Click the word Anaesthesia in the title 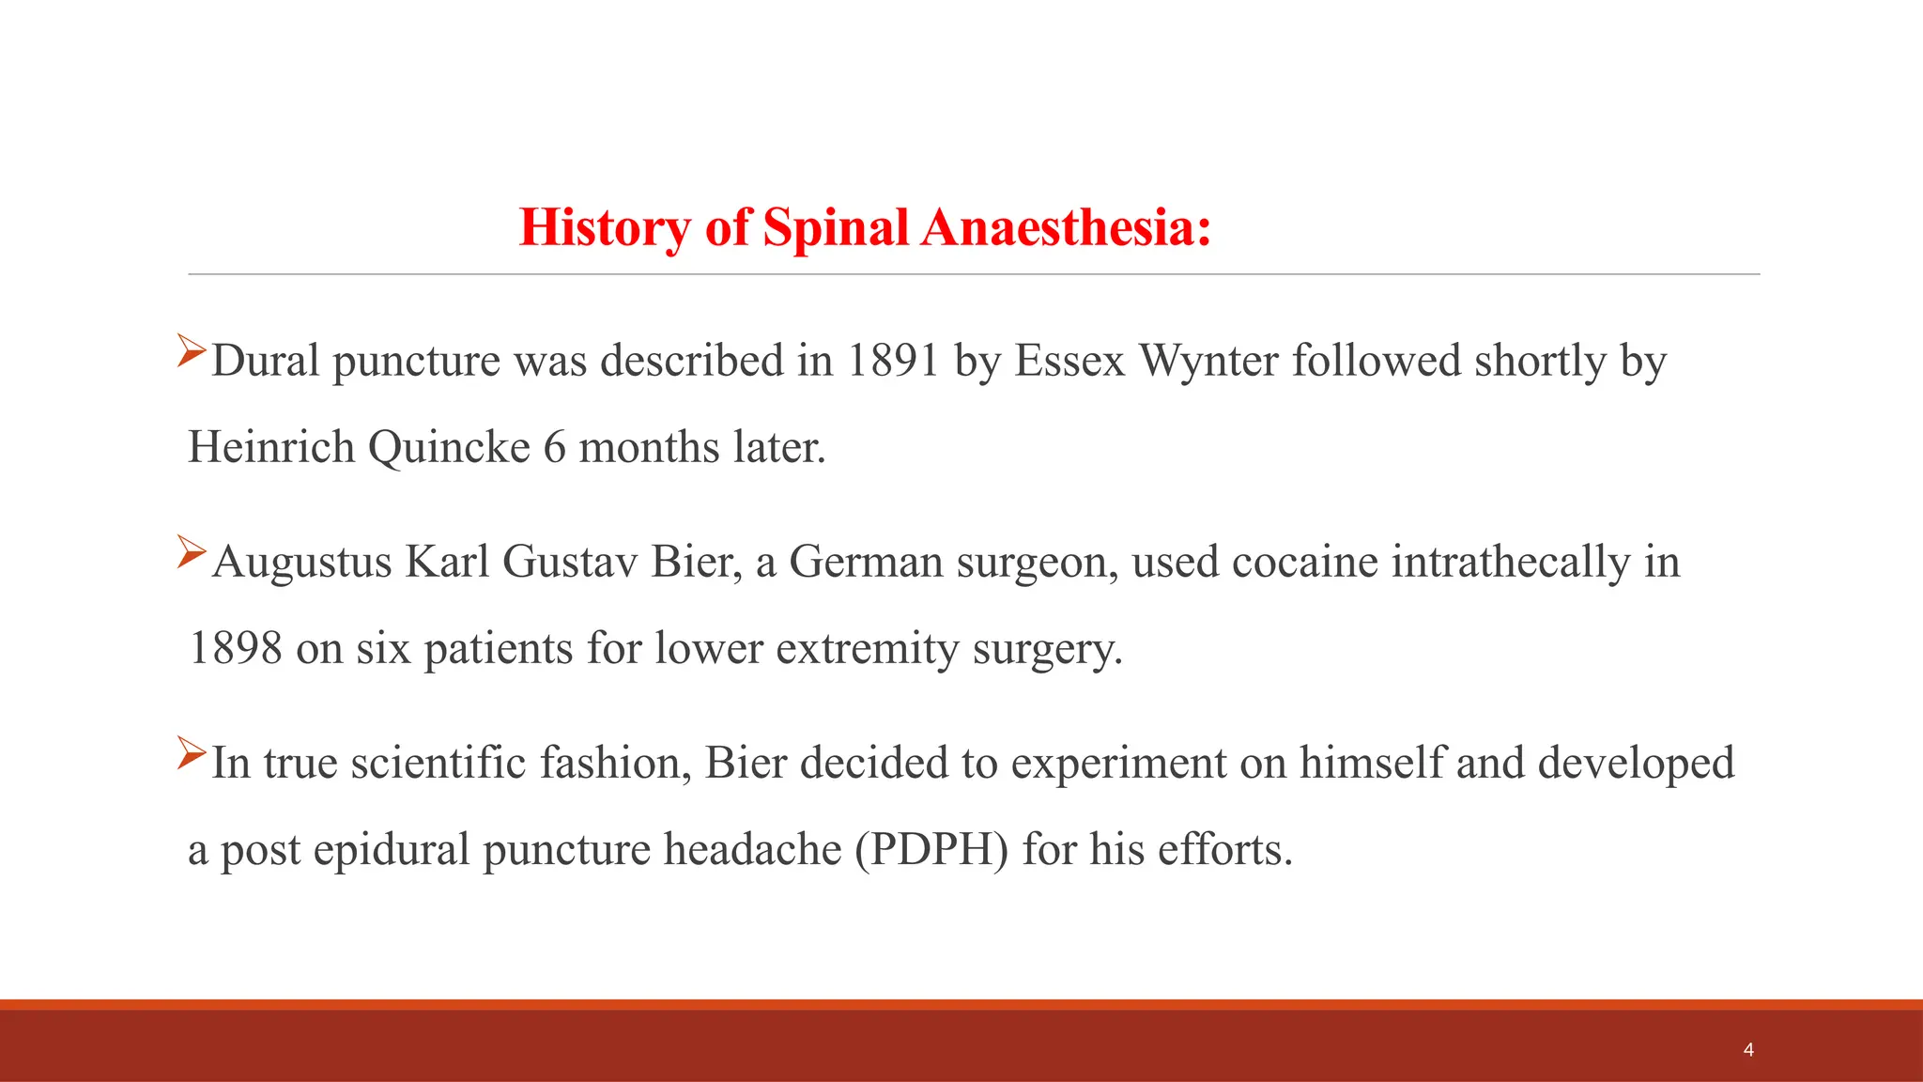(1066, 227)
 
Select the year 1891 (892, 361)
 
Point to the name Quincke (449, 447)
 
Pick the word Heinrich (271, 447)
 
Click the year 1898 (236, 648)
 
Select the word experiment (1118, 763)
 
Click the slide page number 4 (1748, 1050)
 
